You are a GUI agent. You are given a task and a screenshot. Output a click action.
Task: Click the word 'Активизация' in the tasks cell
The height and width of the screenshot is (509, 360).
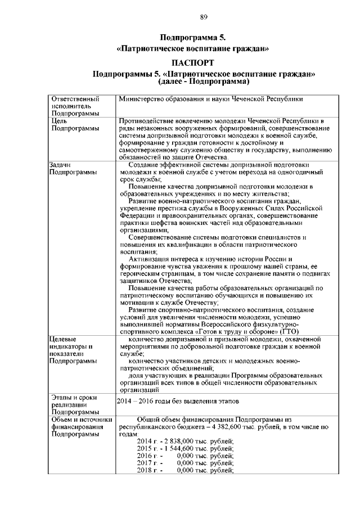tap(147, 259)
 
